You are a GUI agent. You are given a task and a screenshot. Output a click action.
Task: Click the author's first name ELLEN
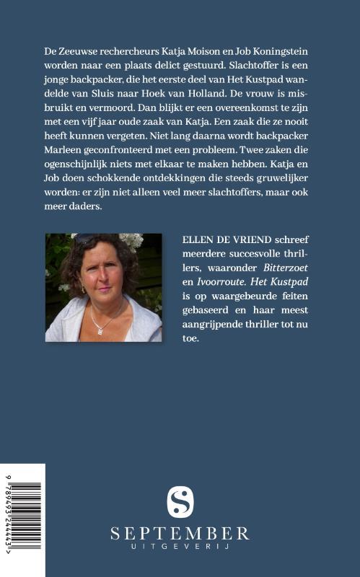198,240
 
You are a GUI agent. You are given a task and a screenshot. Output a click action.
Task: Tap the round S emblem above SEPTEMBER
180,502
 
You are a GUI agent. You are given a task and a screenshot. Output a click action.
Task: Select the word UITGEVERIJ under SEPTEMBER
180,549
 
